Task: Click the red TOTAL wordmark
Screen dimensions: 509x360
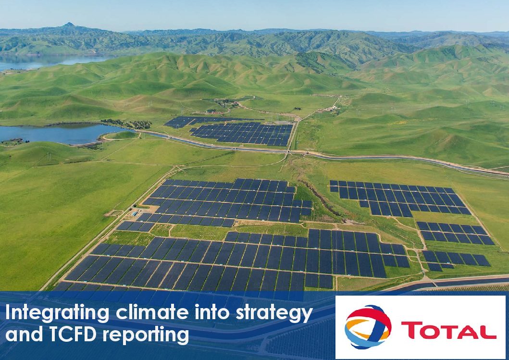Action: [x=448, y=330]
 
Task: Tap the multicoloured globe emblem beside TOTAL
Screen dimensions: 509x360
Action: [x=368, y=326]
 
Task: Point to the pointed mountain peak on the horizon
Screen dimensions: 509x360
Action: [x=69, y=25]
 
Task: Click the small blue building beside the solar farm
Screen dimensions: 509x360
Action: [x=135, y=213]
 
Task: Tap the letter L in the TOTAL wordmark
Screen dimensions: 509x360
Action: [x=488, y=331]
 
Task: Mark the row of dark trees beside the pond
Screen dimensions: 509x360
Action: [x=126, y=124]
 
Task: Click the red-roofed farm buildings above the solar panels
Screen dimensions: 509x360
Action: [x=214, y=112]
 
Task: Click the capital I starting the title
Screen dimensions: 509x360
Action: [x=8, y=312]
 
